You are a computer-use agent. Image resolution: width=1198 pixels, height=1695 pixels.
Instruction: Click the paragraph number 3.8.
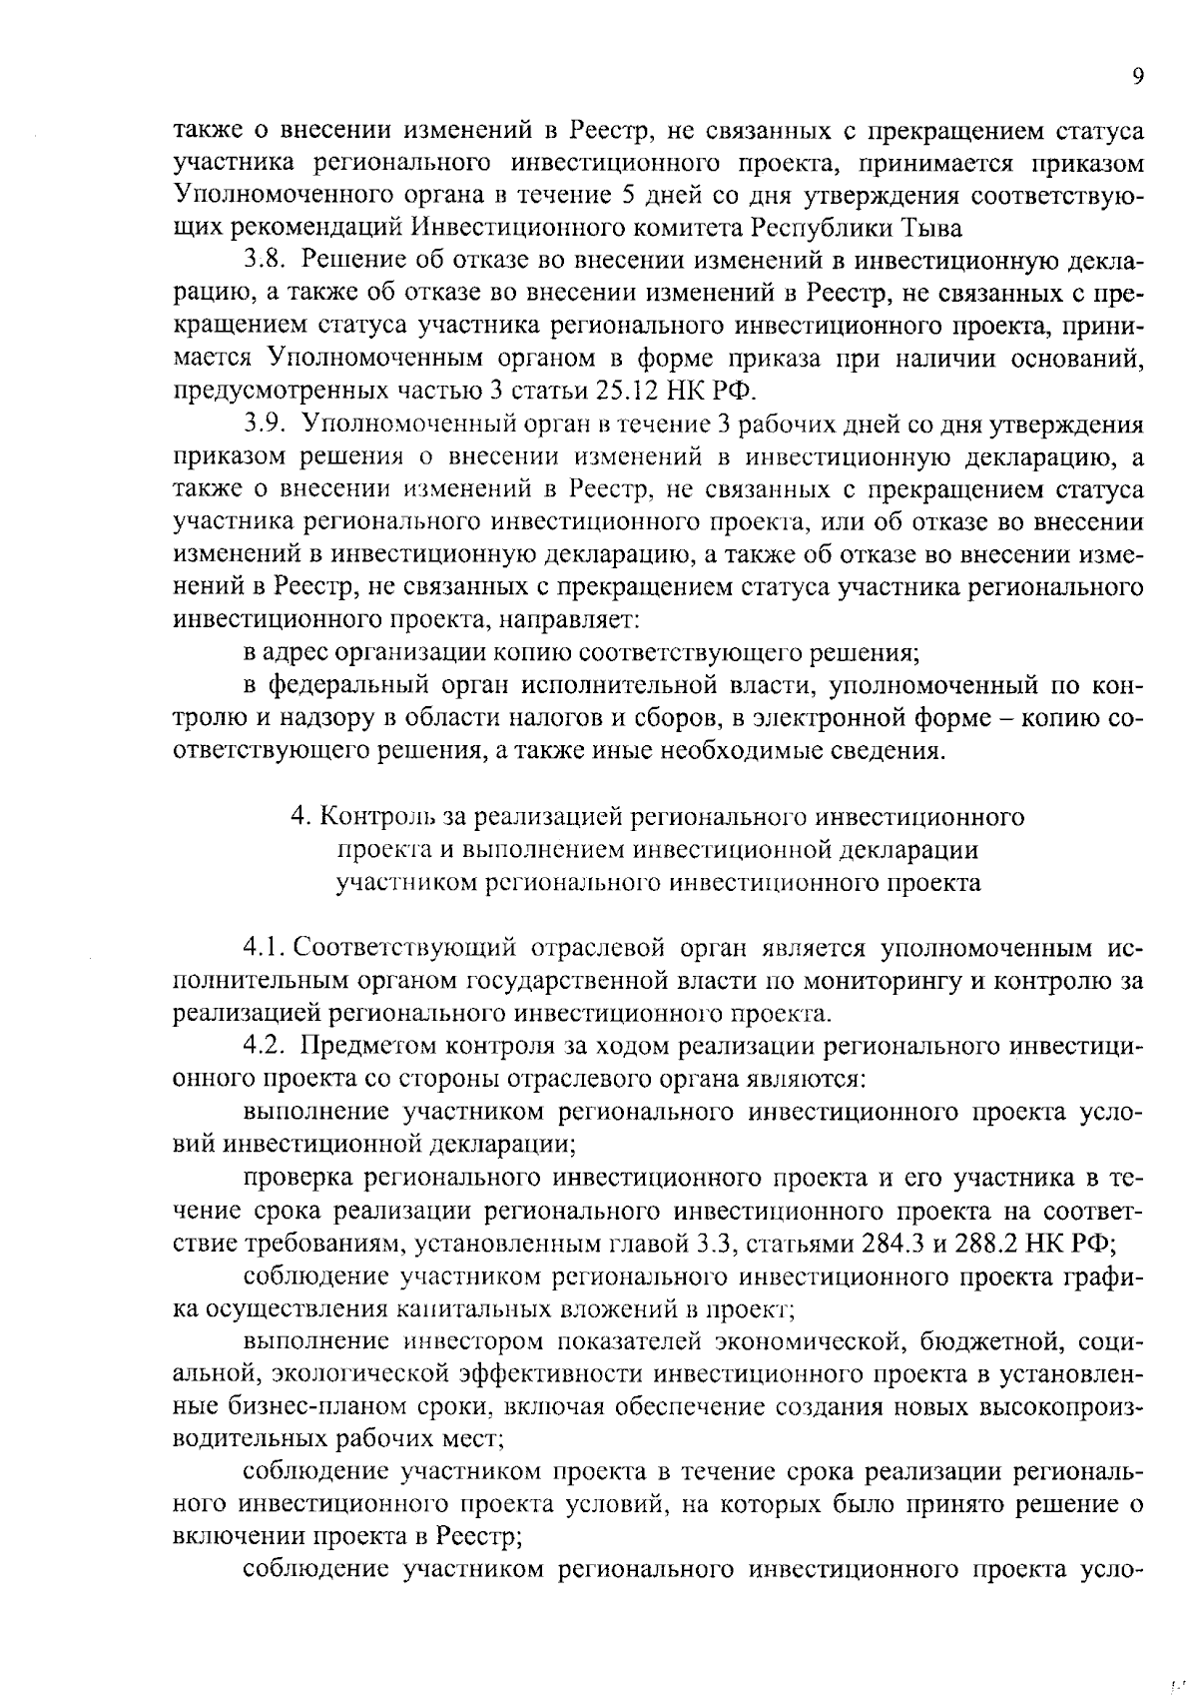[267, 262]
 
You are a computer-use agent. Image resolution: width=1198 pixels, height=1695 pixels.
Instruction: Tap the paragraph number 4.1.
[265, 948]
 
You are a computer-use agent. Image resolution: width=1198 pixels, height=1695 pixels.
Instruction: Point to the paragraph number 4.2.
[266, 1046]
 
